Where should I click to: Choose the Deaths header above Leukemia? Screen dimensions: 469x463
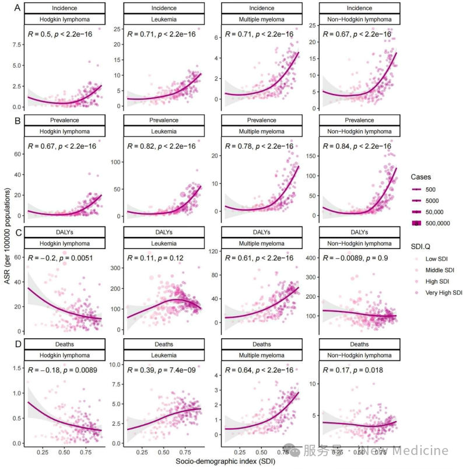click(163, 344)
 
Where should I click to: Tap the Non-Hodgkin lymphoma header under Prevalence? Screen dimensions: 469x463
click(359, 131)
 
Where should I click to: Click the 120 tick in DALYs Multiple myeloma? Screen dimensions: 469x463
click(213, 252)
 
